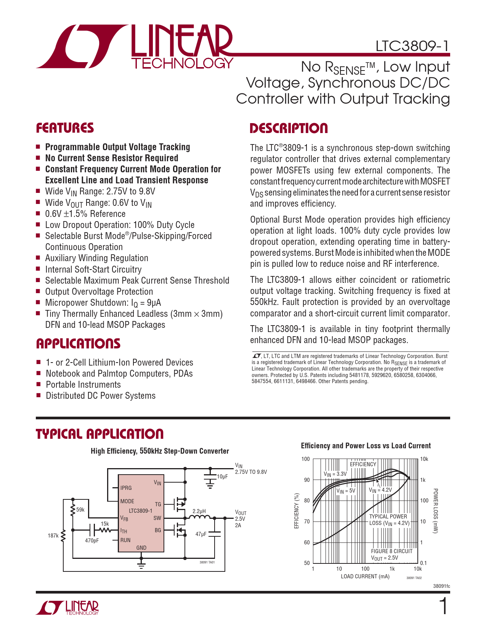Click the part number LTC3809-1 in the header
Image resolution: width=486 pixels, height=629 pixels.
pyautogui.click(x=412, y=46)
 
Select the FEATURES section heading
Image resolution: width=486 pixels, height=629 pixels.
pyautogui.click(x=65, y=128)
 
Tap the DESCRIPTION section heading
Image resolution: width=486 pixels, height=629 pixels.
pyautogui.click(x=289, y=128)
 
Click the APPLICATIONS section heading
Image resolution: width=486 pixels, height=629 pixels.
pyautogui.click(x=78, y=344)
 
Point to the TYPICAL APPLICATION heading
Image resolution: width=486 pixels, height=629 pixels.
pyautogui.click(x=99, y=434)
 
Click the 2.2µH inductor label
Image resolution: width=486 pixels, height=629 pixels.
pyautogui.click(x=199, y=511)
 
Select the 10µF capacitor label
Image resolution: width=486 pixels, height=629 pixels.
pyautogui.click(x=222, y=477)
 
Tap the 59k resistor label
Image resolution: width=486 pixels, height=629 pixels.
pyautogui.click(x=80, y=510)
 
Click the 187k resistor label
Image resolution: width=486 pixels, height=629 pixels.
pyautogui.click(x=53, y=536)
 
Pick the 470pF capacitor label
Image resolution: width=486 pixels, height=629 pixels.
pyautogui.click(x=92, y=541)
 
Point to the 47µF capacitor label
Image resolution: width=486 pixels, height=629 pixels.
pyautogui.click(x=201, y=534)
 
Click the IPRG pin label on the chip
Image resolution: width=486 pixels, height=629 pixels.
pyautogui.click(x=126, y=488)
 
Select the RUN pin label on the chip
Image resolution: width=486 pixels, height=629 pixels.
pyautogui.click(x=125, y=540)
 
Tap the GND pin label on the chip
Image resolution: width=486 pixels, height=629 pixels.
pyautogui.click(x=141, y=548)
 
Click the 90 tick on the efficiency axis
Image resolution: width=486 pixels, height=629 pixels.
pyautogui.click(x=307, y=480)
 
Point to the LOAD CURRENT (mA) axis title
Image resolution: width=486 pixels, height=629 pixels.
pyautogui.click(x=365, y=576)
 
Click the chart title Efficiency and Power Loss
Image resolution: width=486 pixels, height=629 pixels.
pyautogui.click(x=366, y=446)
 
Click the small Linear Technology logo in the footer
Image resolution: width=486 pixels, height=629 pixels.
pyautogui.click(x=67, y=608)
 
